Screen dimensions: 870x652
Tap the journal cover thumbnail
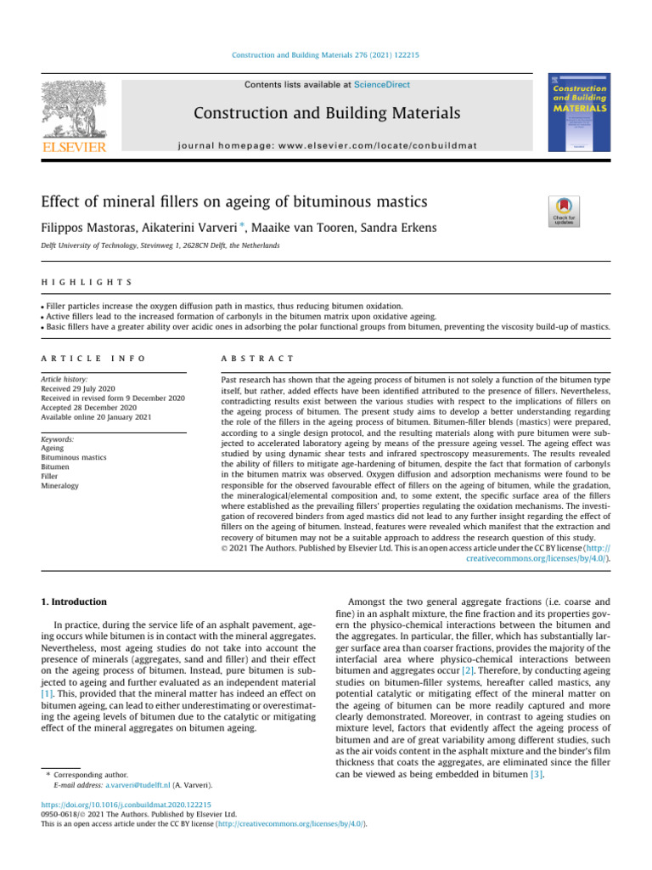pos(580,111)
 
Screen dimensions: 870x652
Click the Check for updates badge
pos(566,212)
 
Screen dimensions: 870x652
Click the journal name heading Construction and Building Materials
pos(326,113)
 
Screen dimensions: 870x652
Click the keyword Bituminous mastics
pos(74,457)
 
